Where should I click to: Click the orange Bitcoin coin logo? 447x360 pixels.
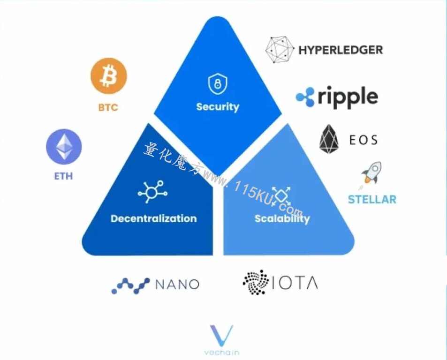(x=109, y=76)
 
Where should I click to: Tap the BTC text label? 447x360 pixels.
(x=108, y=107)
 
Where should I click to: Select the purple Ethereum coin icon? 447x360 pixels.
(x=64, y=147)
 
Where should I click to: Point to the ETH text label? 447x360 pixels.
(x=64, y=176)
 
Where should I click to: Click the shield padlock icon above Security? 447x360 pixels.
(x=218, y=84)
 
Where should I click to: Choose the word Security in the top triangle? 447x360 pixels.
(x=218, y=107)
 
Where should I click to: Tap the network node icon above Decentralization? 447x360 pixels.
(x=152, y=192)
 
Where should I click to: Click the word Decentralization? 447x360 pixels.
(x=154, y=218)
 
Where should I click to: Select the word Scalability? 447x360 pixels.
(x=282, y=219)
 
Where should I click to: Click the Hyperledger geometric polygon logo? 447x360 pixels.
(x=280, y=50)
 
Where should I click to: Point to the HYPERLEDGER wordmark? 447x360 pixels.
(x=341, y=50)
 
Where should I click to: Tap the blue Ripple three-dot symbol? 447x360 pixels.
(x=305, y=97)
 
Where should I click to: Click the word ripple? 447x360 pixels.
(x=348, y=97)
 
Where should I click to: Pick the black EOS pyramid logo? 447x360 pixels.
(x=329, y=139)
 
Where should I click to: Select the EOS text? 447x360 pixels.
(x=364, y=140)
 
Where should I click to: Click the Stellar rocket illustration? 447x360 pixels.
(x=371, y=174)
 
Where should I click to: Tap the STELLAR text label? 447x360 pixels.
(x=372, y=199)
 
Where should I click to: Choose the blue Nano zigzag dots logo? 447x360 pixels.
(x=130, y=285)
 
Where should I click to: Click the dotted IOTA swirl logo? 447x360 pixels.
(x=256, y=282)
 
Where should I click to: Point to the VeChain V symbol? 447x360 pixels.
(x=221, y=335)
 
